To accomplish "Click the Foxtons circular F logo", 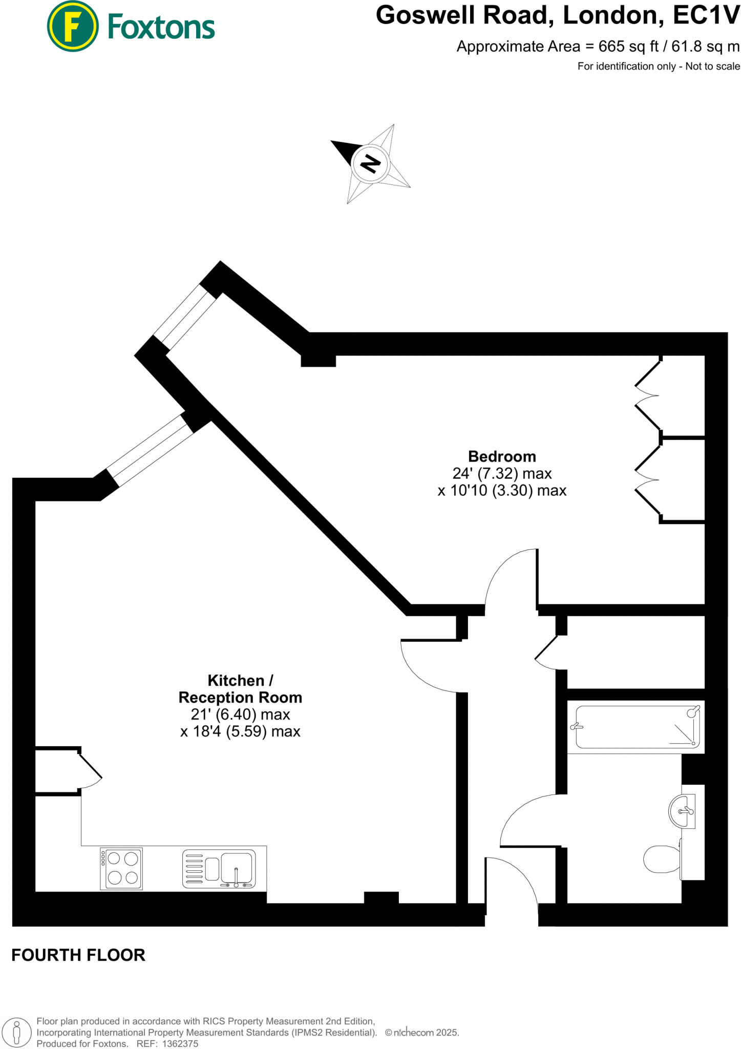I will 72,26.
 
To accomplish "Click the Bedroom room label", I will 502,456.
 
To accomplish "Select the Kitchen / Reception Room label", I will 240,689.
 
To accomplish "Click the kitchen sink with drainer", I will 219,869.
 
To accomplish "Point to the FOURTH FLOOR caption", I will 78,955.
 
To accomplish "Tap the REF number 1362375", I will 180,1044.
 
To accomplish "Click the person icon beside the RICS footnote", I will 16,1032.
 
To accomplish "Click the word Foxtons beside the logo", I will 161,27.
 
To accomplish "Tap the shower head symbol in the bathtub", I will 692,711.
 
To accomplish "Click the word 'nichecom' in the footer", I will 413,1033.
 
